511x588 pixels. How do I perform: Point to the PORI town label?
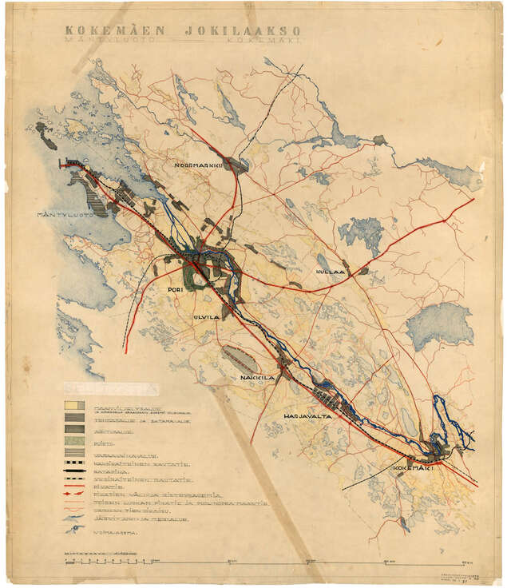coord(177,290)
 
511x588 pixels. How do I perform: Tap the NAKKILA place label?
coord(257,376)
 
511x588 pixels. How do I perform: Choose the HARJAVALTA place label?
coord(307,415)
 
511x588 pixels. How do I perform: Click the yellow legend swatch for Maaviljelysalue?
coord(74,405)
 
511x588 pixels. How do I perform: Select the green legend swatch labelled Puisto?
coord(74,440)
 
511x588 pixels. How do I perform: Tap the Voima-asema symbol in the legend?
coord(75,529)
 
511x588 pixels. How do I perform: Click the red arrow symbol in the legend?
coord(75,495)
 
